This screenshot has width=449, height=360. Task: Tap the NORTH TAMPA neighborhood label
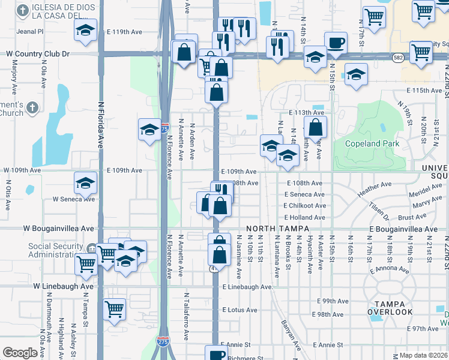tap(277, 229)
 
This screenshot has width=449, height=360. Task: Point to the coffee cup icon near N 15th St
tap(336, 43)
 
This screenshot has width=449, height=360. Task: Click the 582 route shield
tap(399, 57)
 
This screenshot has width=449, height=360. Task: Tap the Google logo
tap(19, 353)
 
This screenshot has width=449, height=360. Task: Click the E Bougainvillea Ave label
tap(403, 229)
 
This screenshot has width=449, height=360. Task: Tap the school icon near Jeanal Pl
tap(85, 29)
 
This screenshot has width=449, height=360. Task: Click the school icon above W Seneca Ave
tap(85, 182)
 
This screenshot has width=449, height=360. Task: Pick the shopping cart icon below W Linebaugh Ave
tap(114, 309)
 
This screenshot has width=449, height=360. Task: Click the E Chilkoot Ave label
tap(305, 206)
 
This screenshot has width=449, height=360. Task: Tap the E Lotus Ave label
tap(240, 310)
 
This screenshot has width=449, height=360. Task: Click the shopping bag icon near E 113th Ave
tap(315, 127)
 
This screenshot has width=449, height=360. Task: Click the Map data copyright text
tap(423, 355)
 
